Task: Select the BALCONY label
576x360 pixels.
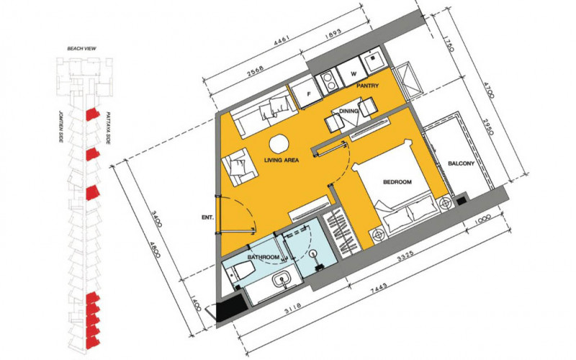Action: click(x=461, y=164)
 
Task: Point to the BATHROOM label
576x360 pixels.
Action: click(x=264, y=257)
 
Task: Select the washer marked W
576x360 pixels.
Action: click(x=353, y=74)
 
